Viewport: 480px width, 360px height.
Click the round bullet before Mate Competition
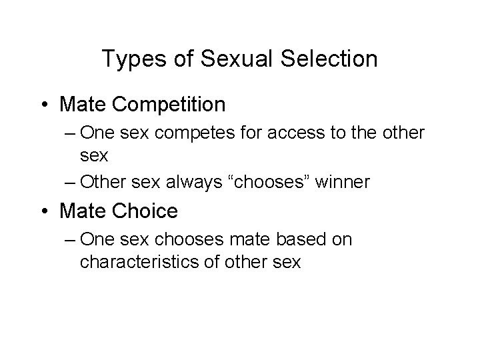pos(43,105)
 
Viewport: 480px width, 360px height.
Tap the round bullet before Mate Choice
pos(43,211)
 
